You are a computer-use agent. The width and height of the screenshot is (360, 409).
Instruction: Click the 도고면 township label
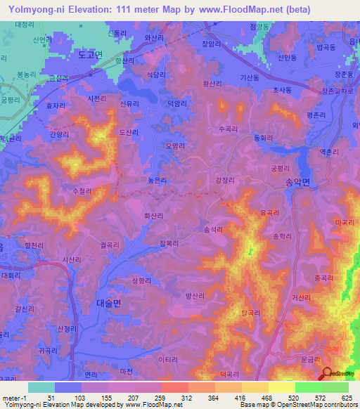[91, 53]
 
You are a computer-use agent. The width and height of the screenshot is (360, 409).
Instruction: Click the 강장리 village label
[224, 181]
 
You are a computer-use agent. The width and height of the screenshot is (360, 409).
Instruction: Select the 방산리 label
[194, 296]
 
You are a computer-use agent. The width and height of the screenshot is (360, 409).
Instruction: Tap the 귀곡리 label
[48, 350]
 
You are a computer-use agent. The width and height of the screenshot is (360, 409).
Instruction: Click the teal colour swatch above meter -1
[41, 387]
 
